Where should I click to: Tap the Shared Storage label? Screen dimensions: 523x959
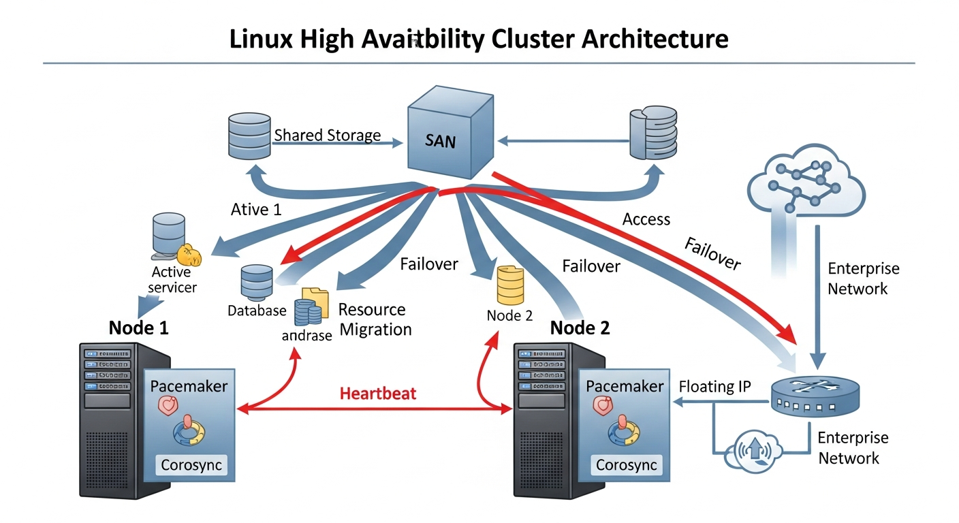click(327, 135)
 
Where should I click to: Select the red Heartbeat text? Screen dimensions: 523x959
click(377, 393)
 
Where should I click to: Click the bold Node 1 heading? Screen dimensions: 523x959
click(138, 328)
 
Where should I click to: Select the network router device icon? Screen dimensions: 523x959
click(815, 399)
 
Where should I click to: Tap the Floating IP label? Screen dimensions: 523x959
click(714, 387)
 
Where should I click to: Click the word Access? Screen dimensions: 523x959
click(646, 219)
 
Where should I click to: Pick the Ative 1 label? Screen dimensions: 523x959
click(255, 209)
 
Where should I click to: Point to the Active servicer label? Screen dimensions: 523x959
click(172, 279)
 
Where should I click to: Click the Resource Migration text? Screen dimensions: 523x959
click(375, 319)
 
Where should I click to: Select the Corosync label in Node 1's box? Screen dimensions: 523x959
click(191, 466)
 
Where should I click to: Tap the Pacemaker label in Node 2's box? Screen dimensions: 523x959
click(625, 386)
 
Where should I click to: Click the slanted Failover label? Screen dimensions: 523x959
click(712, 253)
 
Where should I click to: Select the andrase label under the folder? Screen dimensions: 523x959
click(306, 335)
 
